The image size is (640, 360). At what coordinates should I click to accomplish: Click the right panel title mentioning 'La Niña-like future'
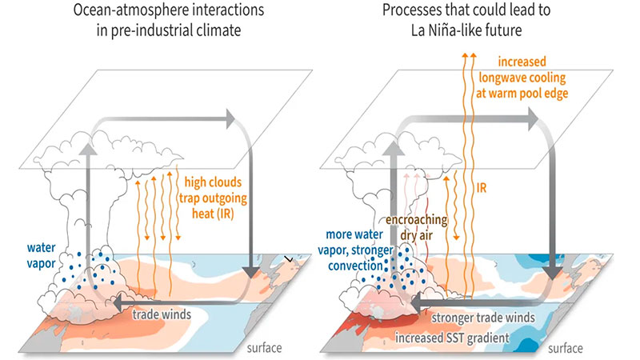pyautogui.click(x=479, y=25)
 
